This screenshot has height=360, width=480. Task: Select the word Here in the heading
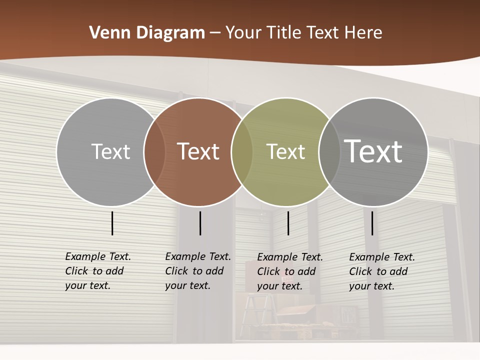pos(363,32)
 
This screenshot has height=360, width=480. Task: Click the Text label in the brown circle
pos(198,151)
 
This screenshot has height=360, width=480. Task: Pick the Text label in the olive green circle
pos(285,151)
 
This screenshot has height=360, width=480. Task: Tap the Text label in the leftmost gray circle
pos(110,151)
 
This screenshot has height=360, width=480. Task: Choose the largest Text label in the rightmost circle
pos(373,151)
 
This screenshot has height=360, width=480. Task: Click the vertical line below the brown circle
pos(200,223)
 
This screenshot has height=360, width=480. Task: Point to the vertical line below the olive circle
pos(288,223)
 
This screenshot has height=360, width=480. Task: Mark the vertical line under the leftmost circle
pos(112,223)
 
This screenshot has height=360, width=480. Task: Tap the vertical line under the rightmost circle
pos(372,223)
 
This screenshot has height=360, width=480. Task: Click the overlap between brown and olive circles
pos(242,151)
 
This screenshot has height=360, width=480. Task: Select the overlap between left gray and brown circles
pos(154,151)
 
